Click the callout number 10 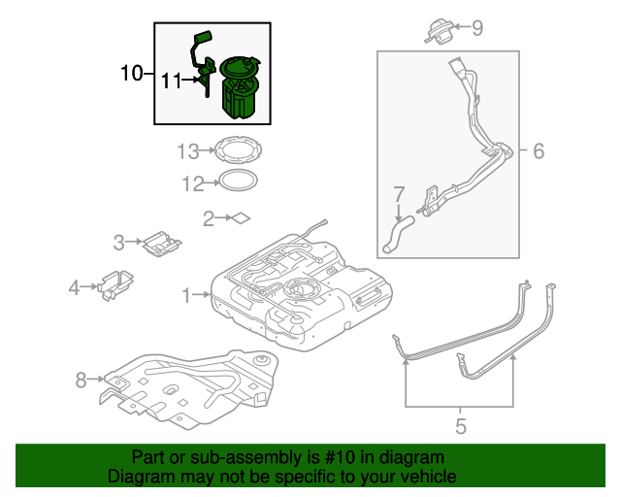click(x=132, y=73)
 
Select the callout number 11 click(x=171, y=82)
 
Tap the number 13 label click(x=187, y=150)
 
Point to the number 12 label click(x=192, y=182)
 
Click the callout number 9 click(x=476, y=28)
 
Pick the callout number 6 click(x=539, y=150)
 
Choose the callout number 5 click(x=461, y=425)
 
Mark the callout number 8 click(x=82, y=381)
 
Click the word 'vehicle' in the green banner click(x=420, y=477)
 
